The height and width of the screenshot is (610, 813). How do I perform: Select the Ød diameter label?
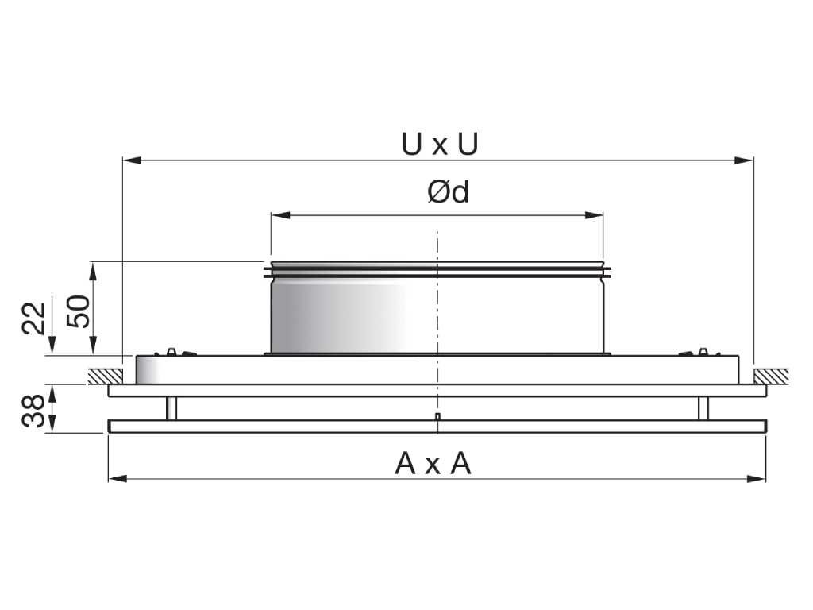pyautogui.click(x=448, y=192)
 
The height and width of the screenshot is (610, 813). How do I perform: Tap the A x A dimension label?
pyautogui.click(x=433, y=463)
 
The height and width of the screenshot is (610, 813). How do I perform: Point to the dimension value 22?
pyautogui.click(x=34, y=319)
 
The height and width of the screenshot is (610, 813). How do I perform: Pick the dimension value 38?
pyautogui.click(x=34, y=409)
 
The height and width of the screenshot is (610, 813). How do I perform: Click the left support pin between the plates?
pyautogui.click(x=171, y=408)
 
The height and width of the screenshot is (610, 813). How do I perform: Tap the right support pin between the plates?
pyautogui.click(x=703, y=408)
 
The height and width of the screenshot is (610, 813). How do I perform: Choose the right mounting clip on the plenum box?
pyautogui.click(x=699, y=351)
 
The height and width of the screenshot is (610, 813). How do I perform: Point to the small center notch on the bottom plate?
pyautogui.click(x=437, y=416)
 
